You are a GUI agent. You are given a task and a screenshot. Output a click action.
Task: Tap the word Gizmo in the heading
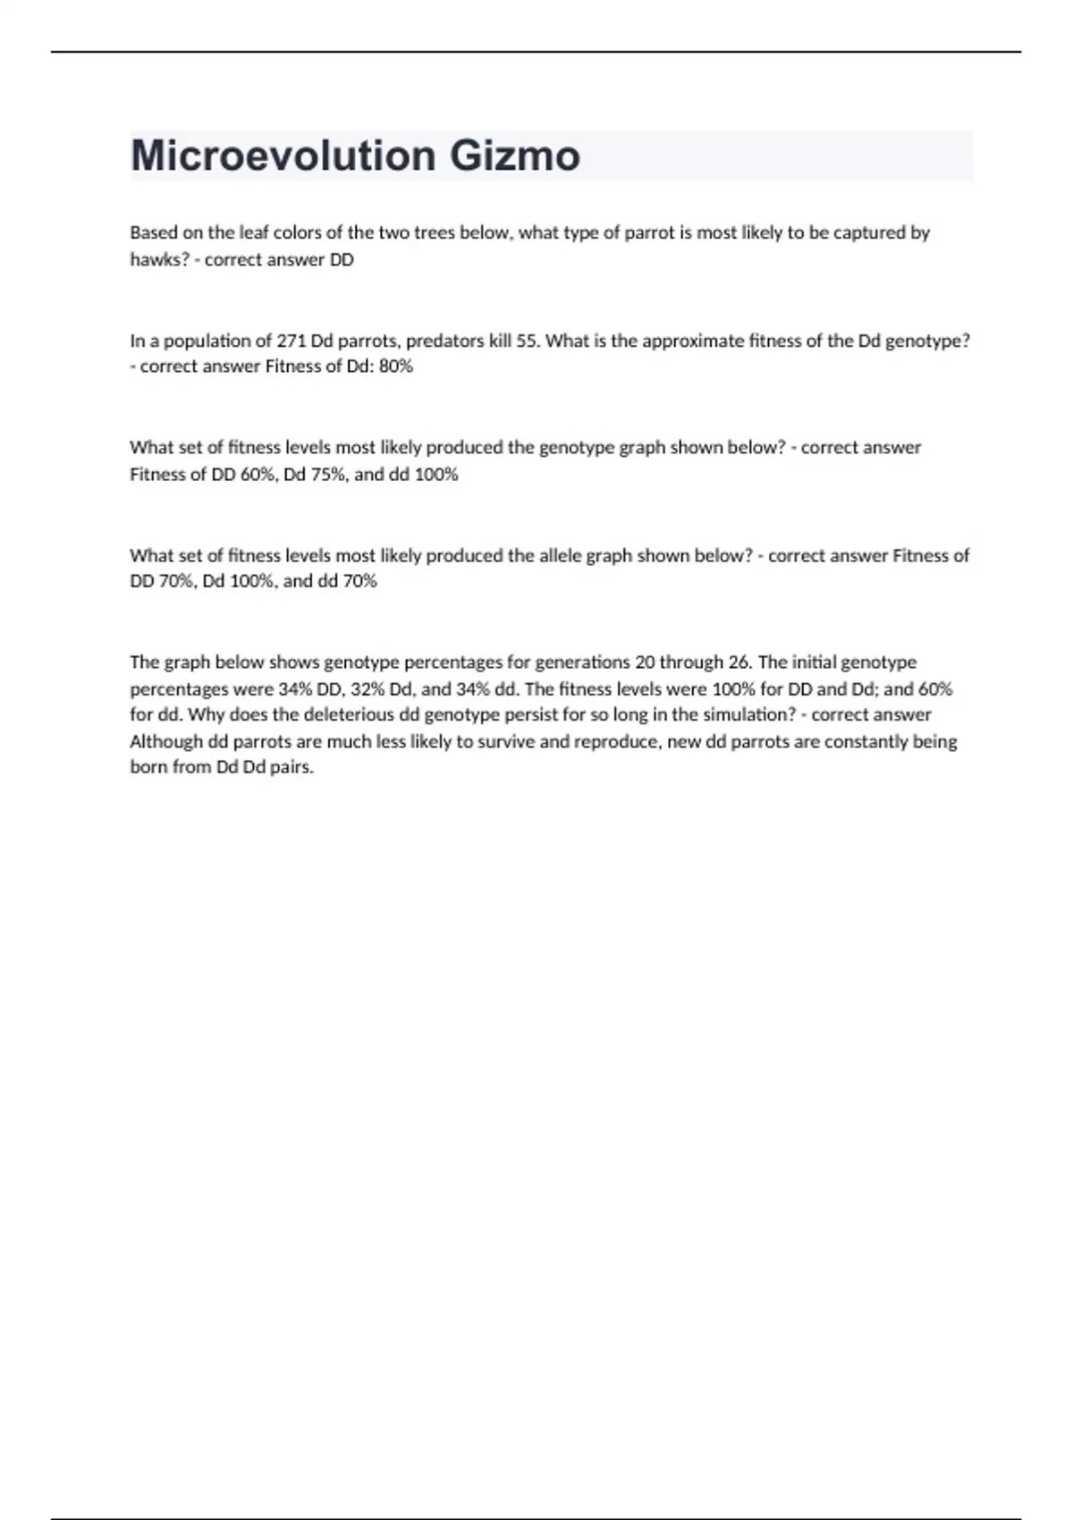[514, 156]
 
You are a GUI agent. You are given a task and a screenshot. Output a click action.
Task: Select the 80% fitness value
[395, 367]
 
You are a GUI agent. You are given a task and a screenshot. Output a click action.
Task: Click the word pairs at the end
[291, 767]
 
